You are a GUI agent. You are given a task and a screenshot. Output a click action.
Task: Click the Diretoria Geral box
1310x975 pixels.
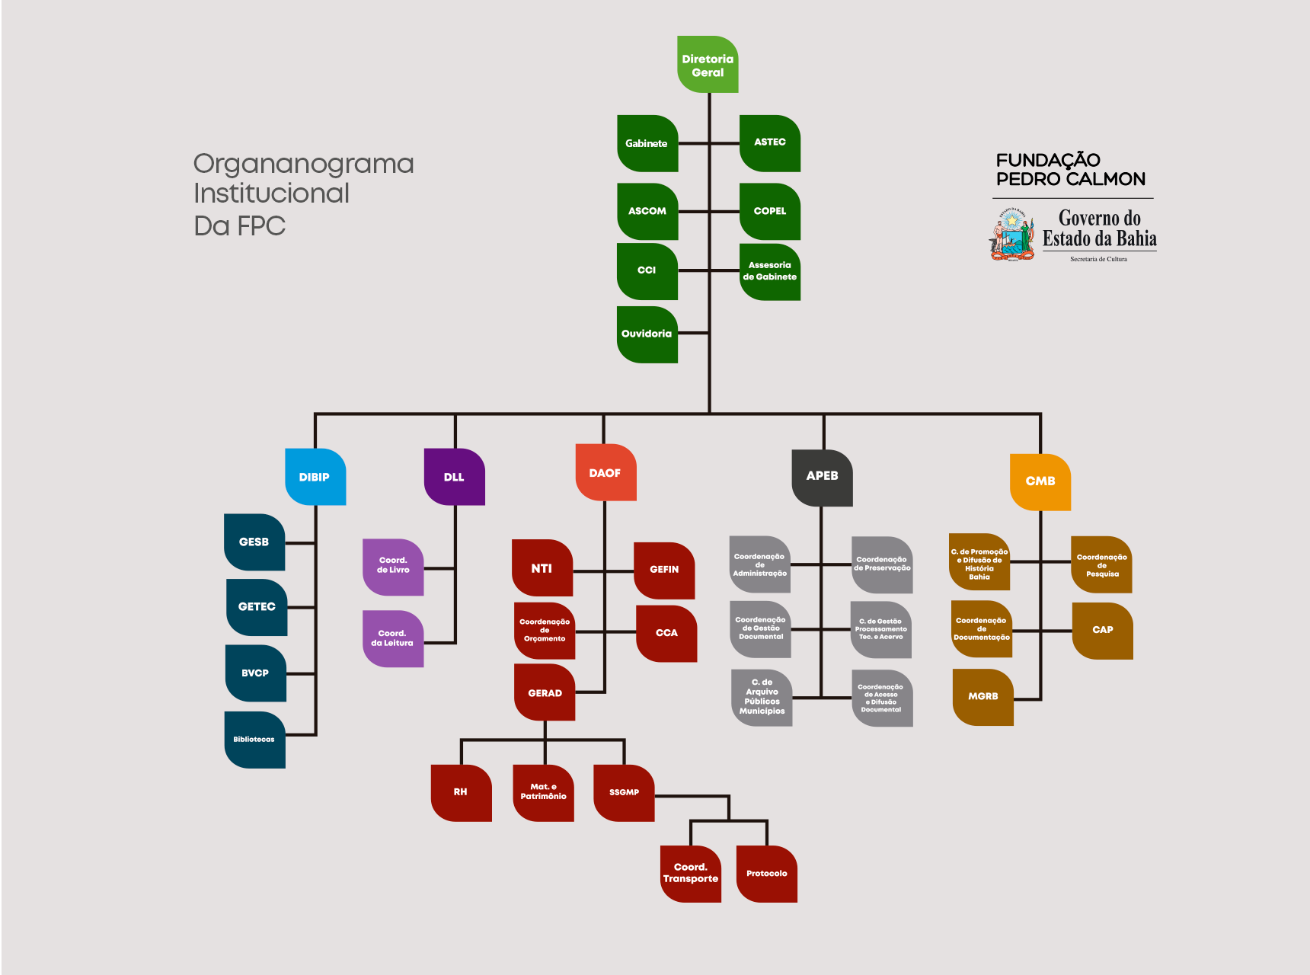pos(708,65)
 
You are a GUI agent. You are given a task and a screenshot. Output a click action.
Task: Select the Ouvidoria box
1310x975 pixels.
pos(647,334)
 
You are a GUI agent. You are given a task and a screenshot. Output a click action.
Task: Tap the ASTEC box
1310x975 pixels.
pos(769,143)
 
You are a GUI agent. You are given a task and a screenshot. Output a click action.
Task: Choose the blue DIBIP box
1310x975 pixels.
pos(315,477)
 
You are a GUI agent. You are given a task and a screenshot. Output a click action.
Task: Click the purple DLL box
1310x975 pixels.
pos(454,477)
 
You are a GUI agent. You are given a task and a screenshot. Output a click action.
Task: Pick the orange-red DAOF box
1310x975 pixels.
pos(605,472)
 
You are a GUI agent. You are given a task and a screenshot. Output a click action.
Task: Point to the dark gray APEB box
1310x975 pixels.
pos(822,478)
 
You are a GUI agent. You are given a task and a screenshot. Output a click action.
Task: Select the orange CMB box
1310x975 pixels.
pos(1040,482)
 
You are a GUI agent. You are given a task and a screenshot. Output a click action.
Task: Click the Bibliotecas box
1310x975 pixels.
pos(254,740)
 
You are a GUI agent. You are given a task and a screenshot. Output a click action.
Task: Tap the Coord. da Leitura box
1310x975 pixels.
pos(393,638)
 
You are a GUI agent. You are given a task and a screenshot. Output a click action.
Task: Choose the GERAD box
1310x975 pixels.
pos(545,693)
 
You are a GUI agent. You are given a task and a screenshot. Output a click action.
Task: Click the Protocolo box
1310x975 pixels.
pos(766,874)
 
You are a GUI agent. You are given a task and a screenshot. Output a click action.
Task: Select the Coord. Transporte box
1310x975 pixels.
pos(690,874)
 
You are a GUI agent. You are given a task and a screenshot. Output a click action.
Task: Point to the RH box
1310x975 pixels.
pos(461,793)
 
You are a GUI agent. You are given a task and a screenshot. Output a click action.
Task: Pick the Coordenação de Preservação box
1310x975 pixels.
pos(882,564)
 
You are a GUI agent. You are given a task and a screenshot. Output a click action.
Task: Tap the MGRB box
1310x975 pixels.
pos(982,697)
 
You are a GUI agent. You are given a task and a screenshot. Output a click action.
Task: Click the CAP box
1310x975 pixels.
pos(1102,631)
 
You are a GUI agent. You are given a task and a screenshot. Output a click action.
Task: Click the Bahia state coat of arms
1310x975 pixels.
pos(1012,235)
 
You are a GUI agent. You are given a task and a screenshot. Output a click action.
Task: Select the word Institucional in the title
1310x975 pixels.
pos(271,193)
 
